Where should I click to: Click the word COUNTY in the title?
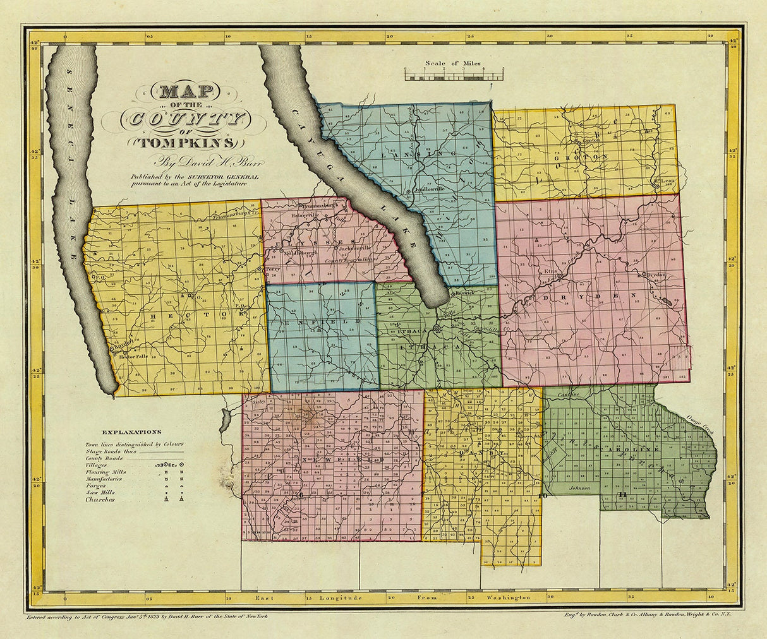click(x=183, y=118)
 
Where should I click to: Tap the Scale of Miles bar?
click(x=453, y=76)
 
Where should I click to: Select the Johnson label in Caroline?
click(x=579, y=488)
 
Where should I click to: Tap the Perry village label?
click(x=272, y=268)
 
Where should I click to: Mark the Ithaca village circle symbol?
click(x=437, y=328)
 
